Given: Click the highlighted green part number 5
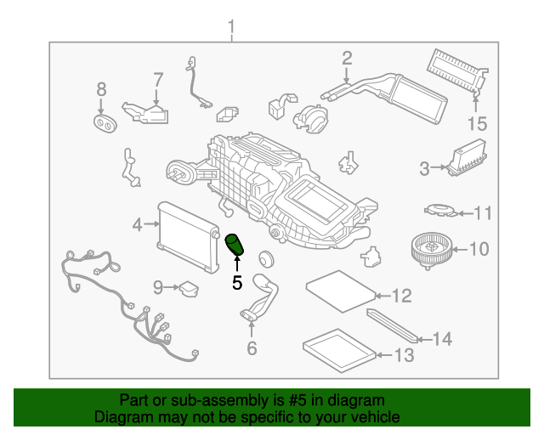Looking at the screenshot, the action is [235, 244].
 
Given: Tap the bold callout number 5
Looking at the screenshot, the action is [237, 283].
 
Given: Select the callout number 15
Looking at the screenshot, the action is [478, 124].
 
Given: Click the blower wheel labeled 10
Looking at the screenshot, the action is [432, 251].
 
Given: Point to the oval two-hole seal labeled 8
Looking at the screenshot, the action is [105, 123].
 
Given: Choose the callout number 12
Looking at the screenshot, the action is [402, 296].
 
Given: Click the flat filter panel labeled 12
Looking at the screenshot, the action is [341, 291].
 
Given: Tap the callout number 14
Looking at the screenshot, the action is [442, 339].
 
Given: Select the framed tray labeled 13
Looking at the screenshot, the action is [340, 351].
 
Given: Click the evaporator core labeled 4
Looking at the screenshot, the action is [189, 236].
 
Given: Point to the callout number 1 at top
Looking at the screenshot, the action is [231, 27].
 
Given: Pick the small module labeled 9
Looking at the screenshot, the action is [189, 289].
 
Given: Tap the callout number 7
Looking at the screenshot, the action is [158, 80].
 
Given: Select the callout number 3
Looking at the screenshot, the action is [424, 168].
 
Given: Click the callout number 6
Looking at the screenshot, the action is [252, 348].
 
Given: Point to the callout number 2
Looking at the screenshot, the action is [347, 59].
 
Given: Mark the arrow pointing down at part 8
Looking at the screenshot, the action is [101, 106].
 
